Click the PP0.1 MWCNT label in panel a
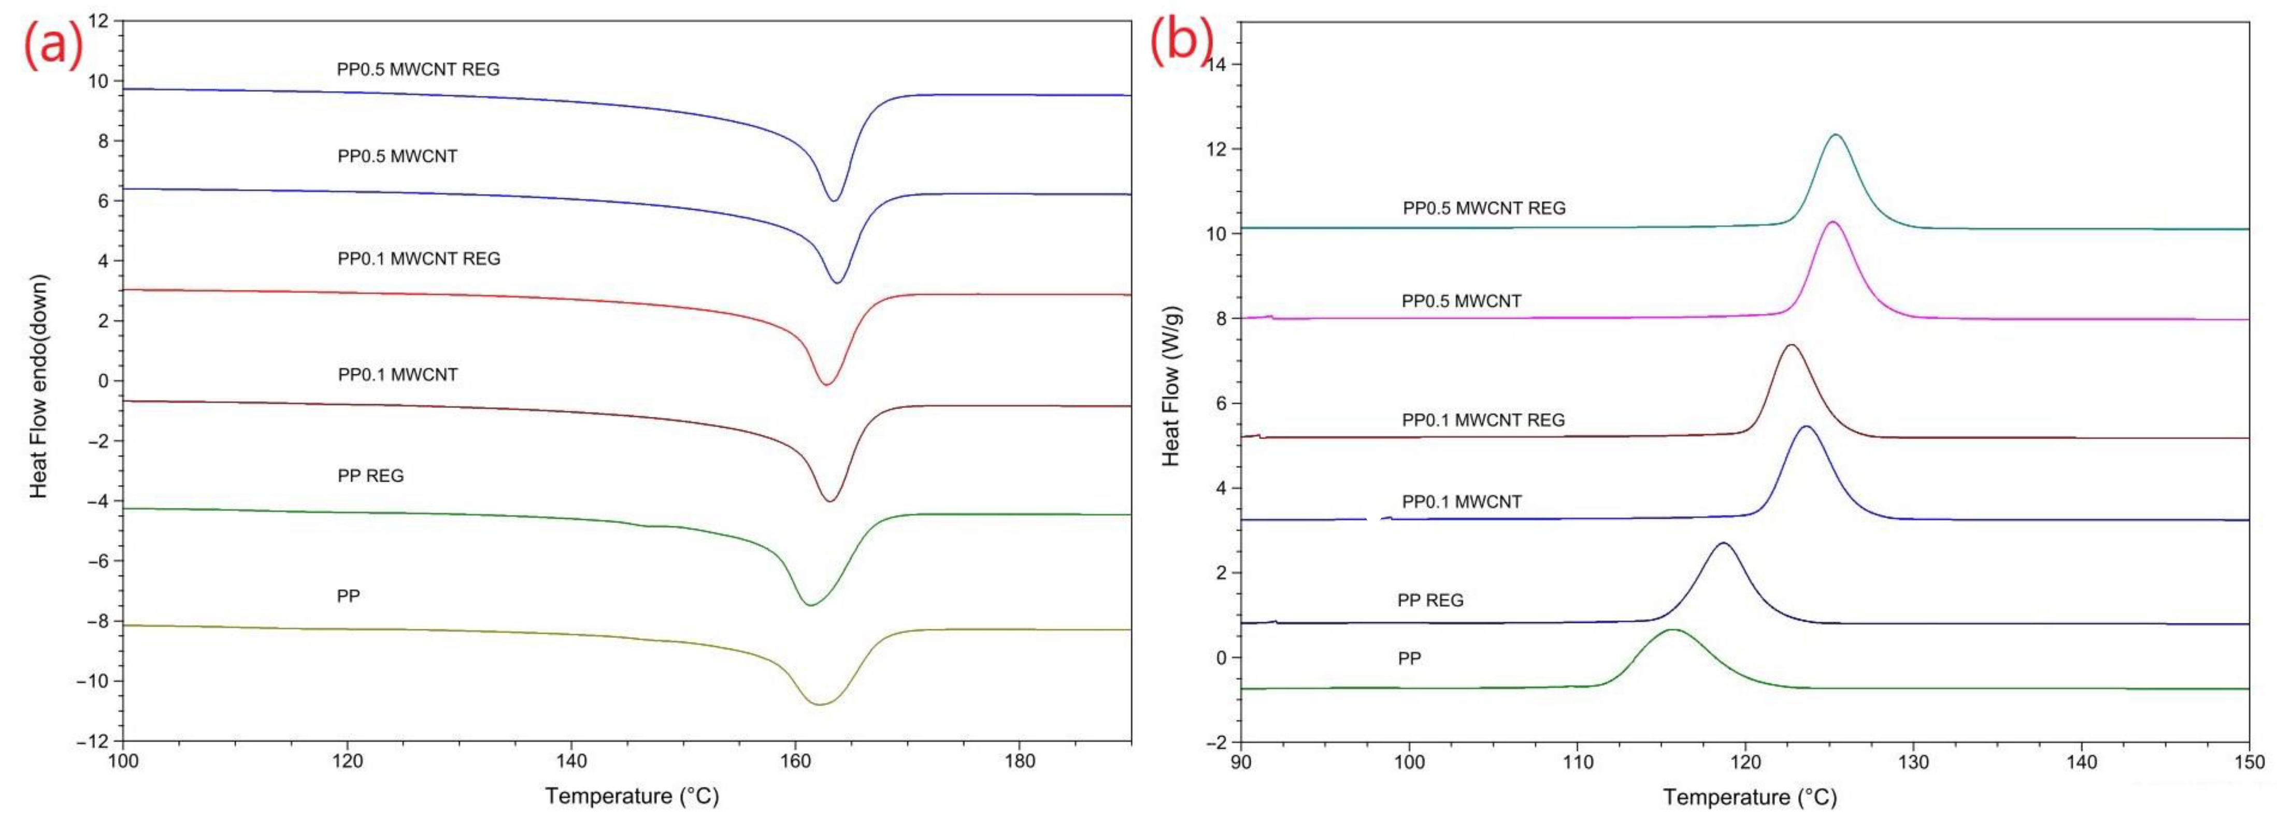[398, 374]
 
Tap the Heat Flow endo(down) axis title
[39, 386]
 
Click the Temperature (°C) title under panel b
[1749, 797]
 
